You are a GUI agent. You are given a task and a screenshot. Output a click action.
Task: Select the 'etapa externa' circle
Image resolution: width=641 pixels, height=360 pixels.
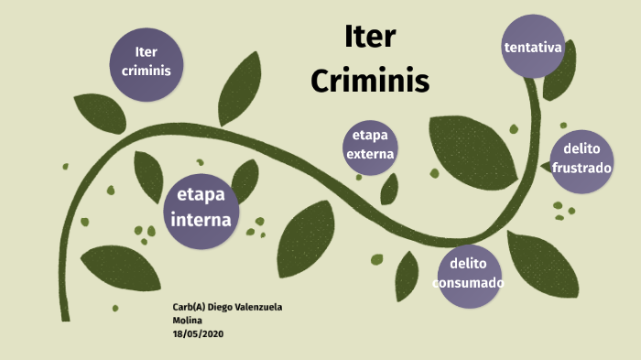pos(370,146)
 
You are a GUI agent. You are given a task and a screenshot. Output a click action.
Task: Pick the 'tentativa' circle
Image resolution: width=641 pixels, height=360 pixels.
pos(533,46)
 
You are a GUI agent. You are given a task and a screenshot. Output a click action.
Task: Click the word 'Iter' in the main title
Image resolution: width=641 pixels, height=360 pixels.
pos(370,38)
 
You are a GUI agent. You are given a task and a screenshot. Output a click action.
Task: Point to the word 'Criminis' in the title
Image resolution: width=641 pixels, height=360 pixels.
pos(370,81)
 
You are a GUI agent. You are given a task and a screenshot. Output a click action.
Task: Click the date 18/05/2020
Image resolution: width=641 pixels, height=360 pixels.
pos(198,333)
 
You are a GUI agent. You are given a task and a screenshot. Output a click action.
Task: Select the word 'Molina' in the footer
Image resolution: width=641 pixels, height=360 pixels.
pos(189,320)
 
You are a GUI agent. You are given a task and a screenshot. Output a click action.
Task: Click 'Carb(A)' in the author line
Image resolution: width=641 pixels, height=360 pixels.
pos(190,306)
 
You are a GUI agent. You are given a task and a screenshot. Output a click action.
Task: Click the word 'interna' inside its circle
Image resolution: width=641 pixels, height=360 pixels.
pos(201,220)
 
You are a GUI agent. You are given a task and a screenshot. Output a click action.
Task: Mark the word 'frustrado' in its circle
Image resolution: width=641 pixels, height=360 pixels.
pos(581,169)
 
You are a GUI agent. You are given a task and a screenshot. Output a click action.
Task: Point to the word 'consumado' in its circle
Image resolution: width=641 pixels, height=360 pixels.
pos(469,283)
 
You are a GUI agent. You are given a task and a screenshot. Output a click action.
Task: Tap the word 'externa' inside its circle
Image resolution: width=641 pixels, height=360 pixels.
pos(370,154)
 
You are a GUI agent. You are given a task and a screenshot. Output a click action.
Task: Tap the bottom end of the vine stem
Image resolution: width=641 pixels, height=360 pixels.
pos(66,316)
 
